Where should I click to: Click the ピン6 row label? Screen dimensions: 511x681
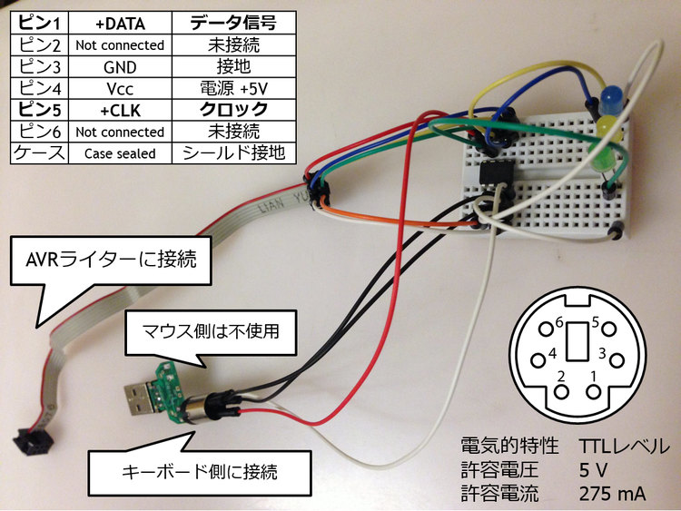(38, 132)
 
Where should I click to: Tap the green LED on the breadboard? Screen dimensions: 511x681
(607, 160)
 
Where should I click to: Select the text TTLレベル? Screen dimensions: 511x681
(624, 447)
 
